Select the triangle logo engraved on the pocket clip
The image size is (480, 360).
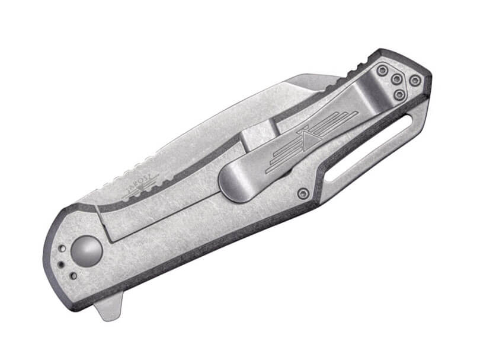[x=312, y=137]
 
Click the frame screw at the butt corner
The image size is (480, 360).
[x=415, y=80]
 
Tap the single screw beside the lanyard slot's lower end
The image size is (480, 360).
[x=303, y=193]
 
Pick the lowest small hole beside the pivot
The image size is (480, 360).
[x=72, y=276]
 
